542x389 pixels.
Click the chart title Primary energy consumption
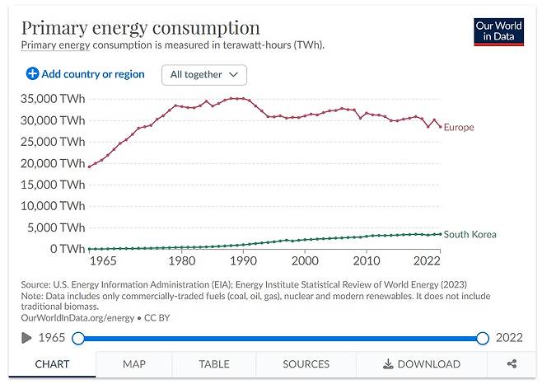pos(140,27)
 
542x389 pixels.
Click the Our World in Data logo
pos(499,31)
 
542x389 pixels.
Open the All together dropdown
pos(204,74)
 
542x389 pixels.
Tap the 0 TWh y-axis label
pos(66,248)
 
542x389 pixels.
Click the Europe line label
pos(459,128)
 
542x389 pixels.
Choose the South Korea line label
pos(470,234)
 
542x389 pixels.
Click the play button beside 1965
pos(26,338)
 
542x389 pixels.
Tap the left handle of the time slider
pos(78,338)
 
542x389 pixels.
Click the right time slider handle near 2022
pos(483,338)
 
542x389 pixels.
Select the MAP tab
pos(134,363)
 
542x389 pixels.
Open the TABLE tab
pos(214,363)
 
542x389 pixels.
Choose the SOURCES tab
pos(306,363)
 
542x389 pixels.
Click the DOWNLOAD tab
pos(421,363)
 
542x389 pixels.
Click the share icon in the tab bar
pos(512,363)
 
